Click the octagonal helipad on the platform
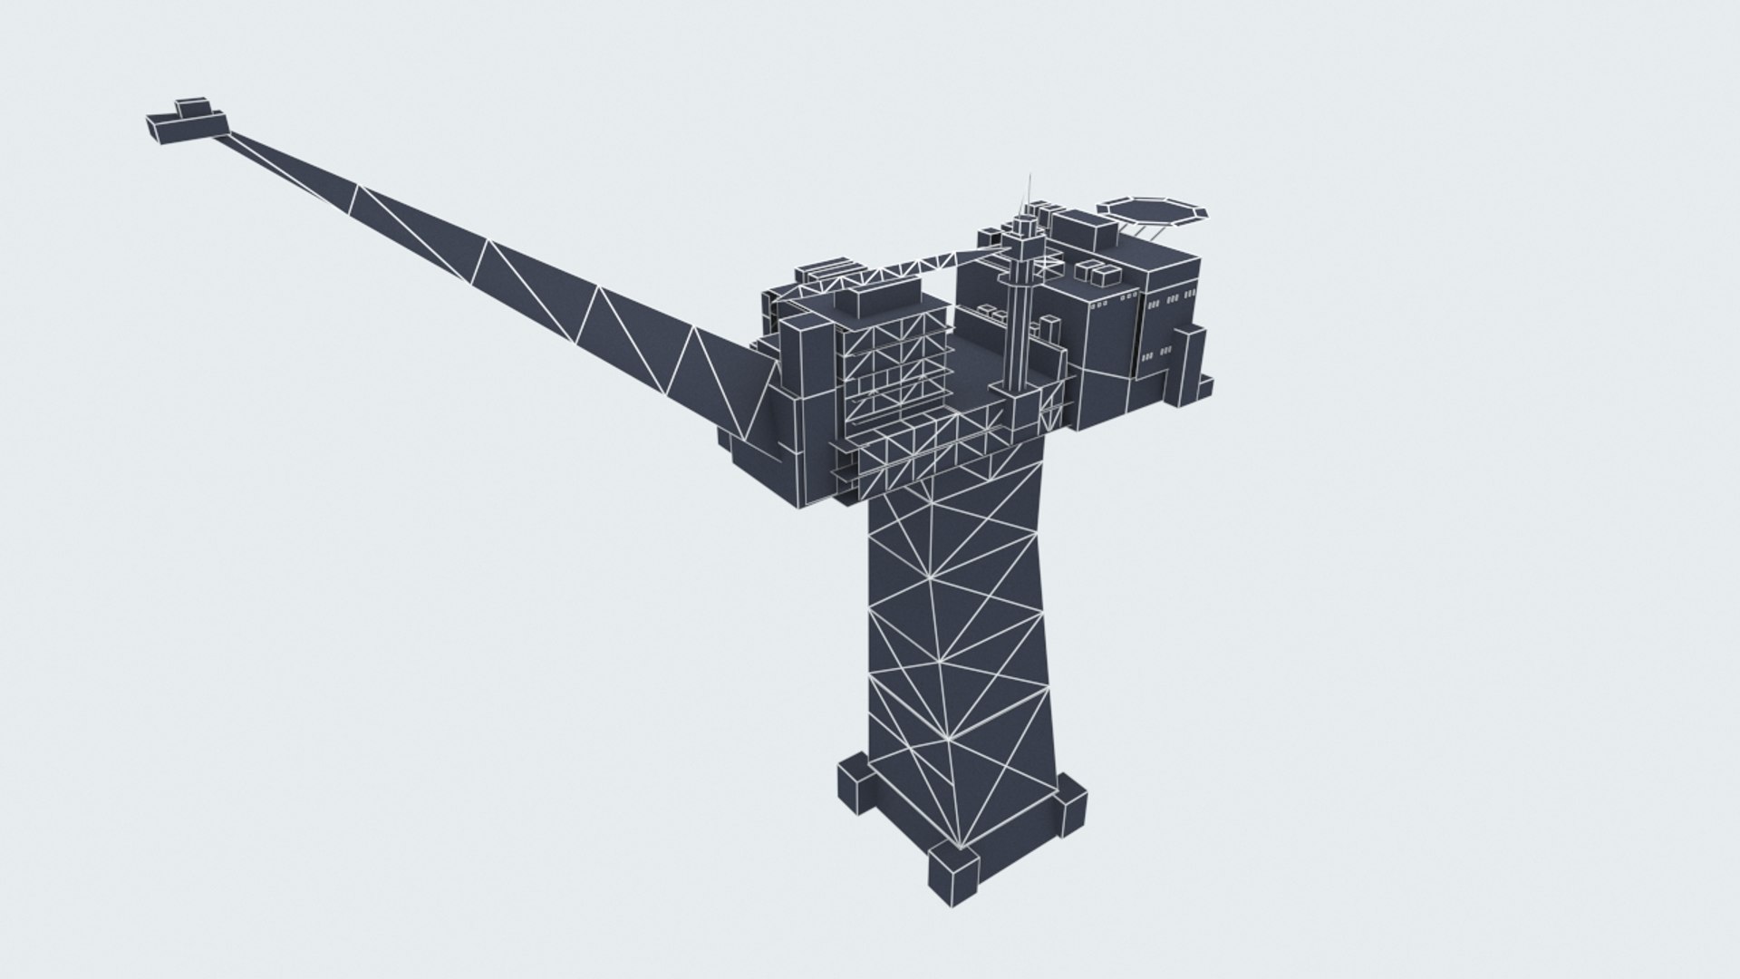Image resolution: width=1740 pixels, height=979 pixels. [1154, 208]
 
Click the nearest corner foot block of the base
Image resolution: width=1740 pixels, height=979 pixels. [952, 877]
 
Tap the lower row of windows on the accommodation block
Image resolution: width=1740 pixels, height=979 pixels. [1147, 355]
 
